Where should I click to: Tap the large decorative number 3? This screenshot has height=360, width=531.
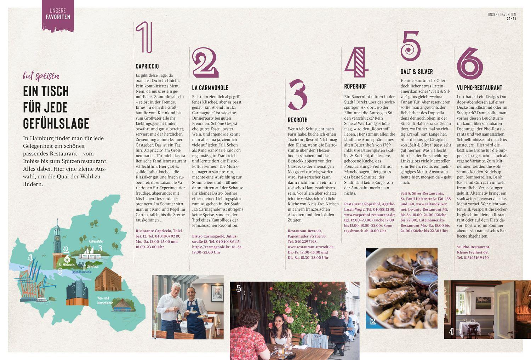click(298, 95)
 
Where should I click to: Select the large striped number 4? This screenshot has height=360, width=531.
click(356, 62)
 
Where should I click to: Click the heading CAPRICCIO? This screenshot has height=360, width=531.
click(147, 66)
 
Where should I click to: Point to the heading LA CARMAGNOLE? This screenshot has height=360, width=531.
click(210, 88)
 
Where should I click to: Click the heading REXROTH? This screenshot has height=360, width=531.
click(297, 120)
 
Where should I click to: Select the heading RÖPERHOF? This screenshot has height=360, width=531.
click(355, 86)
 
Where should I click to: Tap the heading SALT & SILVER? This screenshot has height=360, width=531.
click(417, 72)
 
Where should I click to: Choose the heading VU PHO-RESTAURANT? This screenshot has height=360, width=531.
click(480, 88)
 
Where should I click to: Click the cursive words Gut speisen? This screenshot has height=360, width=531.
click(41, 76)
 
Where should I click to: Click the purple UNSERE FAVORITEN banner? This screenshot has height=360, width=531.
click(58, 16)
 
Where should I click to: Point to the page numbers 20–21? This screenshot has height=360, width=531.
click(511, 19)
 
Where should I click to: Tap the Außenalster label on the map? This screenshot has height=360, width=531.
click(96, 241)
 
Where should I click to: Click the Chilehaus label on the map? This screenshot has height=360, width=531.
click(92, 266)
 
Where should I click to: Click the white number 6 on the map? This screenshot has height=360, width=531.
click(67, 259)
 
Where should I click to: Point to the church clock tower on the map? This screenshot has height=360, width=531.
click(57, 237)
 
